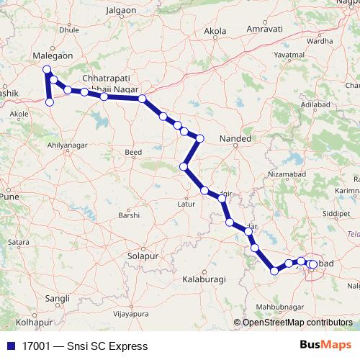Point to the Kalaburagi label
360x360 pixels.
tap(204, 278)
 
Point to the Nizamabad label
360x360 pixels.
tap(287, 174)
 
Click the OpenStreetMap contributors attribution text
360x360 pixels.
tap(297, 323)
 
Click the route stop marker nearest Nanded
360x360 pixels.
tap(200, 138)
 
